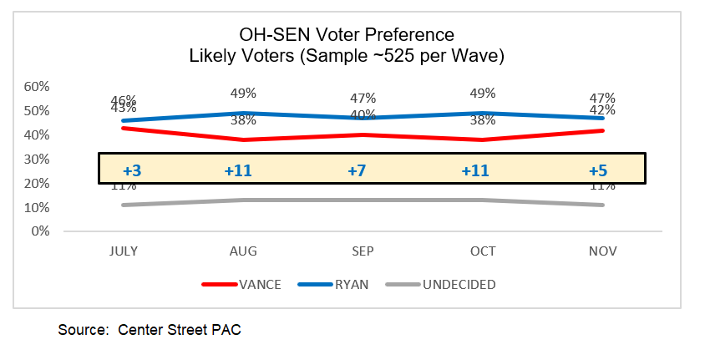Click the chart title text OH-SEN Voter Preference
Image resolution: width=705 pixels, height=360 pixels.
[347, 35]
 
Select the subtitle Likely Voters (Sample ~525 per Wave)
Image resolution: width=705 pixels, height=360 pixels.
[347, 56]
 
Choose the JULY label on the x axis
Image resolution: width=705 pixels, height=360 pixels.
[124, 251]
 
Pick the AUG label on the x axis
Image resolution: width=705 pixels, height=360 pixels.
[243, 251]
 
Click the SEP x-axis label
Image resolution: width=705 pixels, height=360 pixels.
[363, 251]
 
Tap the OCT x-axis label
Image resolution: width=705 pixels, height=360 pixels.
[482, 251]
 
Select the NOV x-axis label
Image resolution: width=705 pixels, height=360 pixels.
[601, 251]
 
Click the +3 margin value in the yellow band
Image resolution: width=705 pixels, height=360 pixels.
[132, 170]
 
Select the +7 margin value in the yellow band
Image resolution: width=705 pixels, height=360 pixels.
[357, 170]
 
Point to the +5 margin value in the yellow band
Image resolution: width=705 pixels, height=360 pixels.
[597, 170]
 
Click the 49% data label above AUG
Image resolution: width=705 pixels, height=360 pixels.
[244, 94]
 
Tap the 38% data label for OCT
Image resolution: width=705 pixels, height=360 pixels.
[483, 119]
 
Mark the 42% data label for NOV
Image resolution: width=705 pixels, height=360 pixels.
[602, 110]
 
